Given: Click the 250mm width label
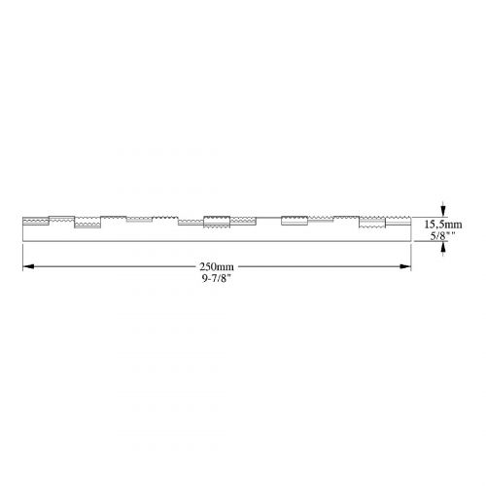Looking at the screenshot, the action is coord(217,267).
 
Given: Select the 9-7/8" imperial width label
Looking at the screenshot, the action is coord(216,278).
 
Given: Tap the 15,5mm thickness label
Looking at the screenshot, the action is coord(443,225).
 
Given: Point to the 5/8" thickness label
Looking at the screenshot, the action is coord(442,236).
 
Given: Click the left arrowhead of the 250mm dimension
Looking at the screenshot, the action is coord(28,266).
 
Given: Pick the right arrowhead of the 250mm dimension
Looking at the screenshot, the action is coord(405,266).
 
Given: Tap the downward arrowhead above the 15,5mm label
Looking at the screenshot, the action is coord(443,211).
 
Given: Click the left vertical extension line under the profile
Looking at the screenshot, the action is coord(22,258).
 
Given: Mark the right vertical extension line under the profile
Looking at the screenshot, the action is coord(411,258).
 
